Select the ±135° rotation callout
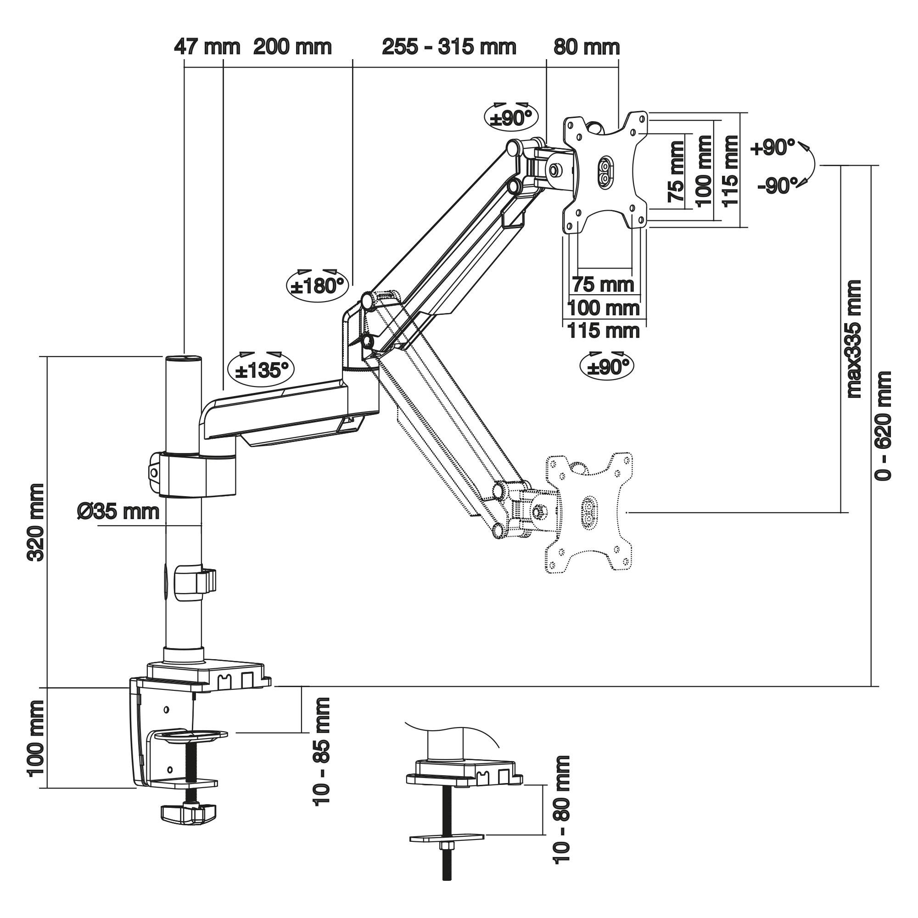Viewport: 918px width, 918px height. (x=261, y=370)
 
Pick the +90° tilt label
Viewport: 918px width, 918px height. (x=772, y=147)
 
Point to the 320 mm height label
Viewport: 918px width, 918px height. (x=37, y=522)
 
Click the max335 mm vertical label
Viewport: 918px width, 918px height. (x=853, y=338)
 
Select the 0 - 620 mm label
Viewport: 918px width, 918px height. (x=883, y=425)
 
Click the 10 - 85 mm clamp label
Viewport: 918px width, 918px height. (x=322, y=751)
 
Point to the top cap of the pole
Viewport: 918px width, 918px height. (x=184, y=358)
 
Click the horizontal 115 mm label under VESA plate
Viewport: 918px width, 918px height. (x=604, y=330)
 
